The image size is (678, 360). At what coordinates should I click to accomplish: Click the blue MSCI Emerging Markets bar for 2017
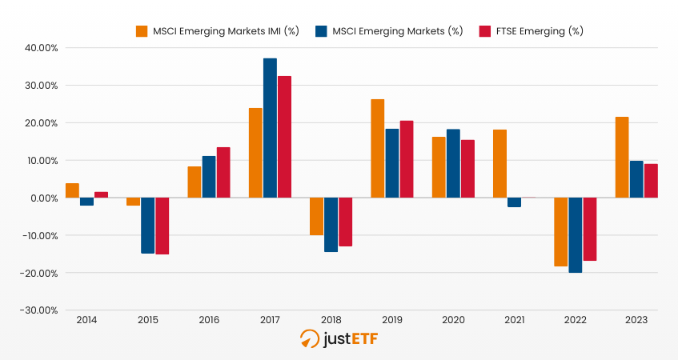[270, 128]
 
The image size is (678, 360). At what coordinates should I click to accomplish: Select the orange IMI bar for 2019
[377, 149]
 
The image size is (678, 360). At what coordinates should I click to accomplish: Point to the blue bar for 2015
[148, 226]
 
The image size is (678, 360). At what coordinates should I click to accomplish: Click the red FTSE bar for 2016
[223, 173]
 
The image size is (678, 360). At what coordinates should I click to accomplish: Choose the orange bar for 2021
[499, 164]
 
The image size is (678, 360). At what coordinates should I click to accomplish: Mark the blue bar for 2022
[575, 235]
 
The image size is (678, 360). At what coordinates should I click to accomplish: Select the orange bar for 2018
[316, 217]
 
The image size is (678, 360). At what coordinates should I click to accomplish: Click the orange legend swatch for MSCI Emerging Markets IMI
[142, 31]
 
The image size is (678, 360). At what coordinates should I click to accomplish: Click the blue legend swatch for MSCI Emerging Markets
[320, 31]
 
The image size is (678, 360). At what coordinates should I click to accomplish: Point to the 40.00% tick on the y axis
[42, 48]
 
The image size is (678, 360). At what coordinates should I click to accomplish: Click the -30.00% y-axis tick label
[40, 310]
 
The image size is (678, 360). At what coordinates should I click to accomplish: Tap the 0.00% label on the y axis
[43, 198]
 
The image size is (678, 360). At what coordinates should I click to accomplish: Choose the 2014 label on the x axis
[86, 320]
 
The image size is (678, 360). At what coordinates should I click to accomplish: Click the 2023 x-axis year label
[636, 320]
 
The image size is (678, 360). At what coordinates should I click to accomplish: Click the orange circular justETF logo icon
[309, 339]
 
